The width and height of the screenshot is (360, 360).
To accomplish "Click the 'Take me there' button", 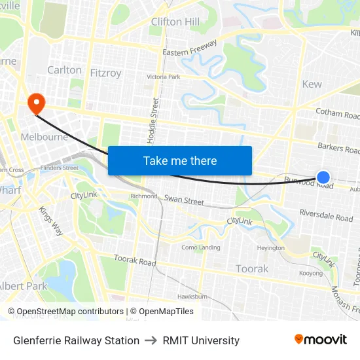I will (180, 160).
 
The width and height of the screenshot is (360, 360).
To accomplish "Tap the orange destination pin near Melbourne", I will (35, 102).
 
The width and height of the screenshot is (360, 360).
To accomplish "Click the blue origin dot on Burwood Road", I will (323, 177).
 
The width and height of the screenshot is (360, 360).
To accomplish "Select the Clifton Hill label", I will (175, 22).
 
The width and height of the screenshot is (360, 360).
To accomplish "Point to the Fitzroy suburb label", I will (105, 73).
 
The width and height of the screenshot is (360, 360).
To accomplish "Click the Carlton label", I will (64, 70).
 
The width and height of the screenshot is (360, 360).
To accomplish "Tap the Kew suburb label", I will (312, 84).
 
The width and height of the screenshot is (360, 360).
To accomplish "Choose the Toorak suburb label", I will (252, 268).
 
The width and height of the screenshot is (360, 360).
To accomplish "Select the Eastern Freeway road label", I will (190, 48).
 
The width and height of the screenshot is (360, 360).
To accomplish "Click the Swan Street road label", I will (184, 200).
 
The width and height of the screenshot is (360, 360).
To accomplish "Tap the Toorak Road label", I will (135, 261).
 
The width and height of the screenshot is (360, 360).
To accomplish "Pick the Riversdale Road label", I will (326, 215).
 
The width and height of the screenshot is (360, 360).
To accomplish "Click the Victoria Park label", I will (163, 77).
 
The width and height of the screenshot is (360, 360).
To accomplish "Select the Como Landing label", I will (200, 247).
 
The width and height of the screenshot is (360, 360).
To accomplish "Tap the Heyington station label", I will (270, 248).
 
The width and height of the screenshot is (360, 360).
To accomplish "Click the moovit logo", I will (320, 340).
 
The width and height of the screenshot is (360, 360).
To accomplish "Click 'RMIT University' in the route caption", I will (201, 340).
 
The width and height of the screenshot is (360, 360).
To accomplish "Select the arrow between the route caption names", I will (151, 340).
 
